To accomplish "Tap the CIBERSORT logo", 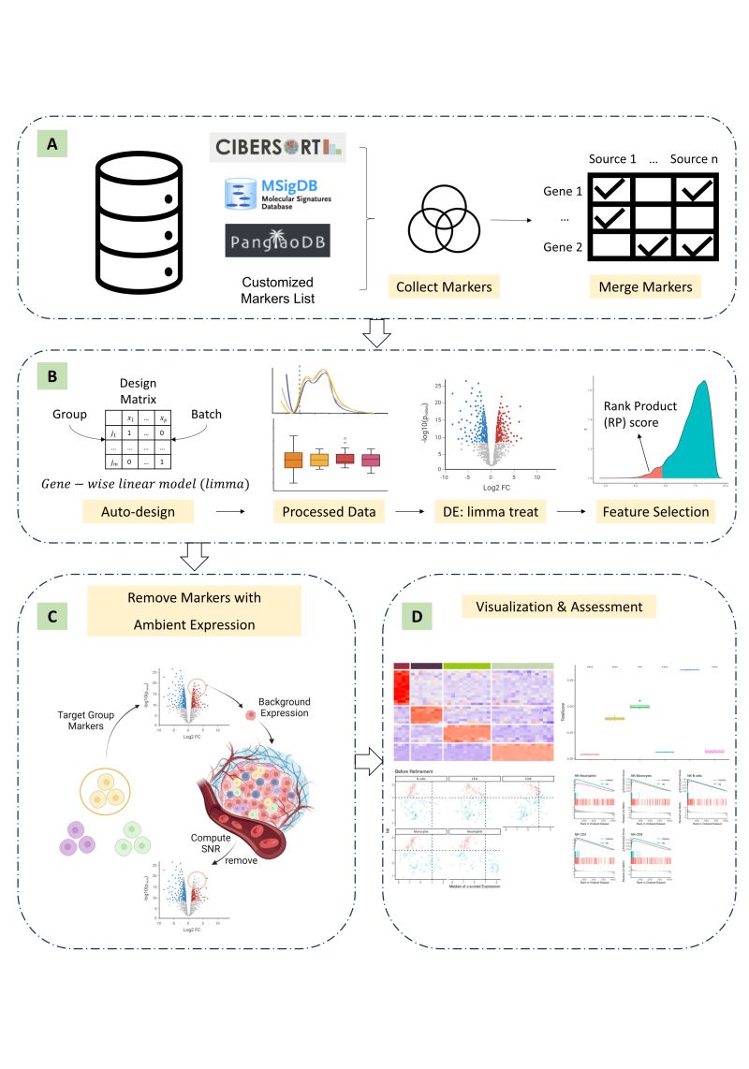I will tap(278, 147).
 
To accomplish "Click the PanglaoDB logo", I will tap(276, 242).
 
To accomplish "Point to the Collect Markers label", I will tap(444, 287).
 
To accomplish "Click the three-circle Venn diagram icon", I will tap(444, 216).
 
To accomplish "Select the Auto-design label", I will tap(138, 512).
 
